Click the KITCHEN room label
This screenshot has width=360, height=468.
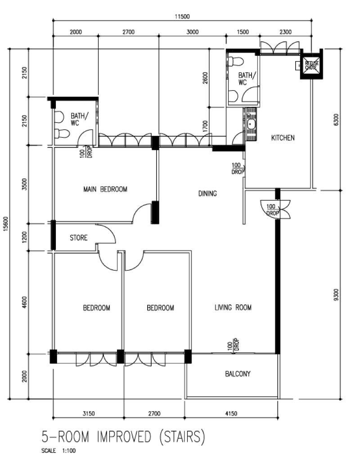[x=283, y=138]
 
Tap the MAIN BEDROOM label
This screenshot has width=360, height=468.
[x=105, y=189]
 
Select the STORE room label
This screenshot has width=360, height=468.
[x=79, y=237]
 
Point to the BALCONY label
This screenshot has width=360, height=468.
[x=238, y=374]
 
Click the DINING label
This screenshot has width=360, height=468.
[x=207, y=193]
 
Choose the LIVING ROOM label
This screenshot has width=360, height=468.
[x=233, y=307]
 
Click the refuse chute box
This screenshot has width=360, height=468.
[x=311, y=64]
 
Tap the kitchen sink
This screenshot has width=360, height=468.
[x=251, y=124]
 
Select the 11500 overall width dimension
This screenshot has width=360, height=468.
[x=182, y=17]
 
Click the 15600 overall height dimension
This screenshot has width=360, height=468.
[x=7, y=223]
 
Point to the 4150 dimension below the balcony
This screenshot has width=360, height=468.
[x=231, y=414]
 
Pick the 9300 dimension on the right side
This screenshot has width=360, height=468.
[x=336, y=295]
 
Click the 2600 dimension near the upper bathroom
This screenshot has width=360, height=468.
[x=205, y=78]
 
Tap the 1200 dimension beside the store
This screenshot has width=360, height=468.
[x=24, y=237]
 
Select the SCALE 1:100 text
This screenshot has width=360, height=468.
[x=58, y=451]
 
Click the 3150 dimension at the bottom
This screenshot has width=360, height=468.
[x=89, y=414]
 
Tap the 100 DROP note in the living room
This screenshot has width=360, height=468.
[x=234, y=344]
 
